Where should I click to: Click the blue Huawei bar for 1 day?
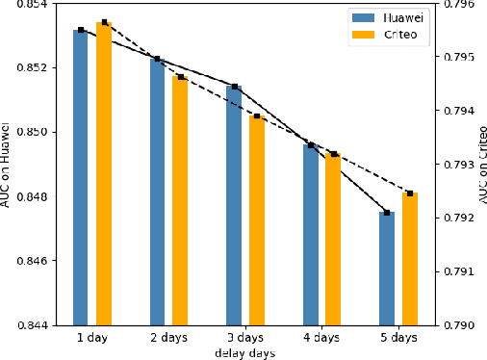81,178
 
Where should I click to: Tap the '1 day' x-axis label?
92,340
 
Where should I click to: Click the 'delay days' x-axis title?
244,353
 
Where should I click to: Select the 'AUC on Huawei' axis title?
7,164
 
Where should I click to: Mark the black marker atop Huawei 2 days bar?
158,59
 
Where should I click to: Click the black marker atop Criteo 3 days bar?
257,116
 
